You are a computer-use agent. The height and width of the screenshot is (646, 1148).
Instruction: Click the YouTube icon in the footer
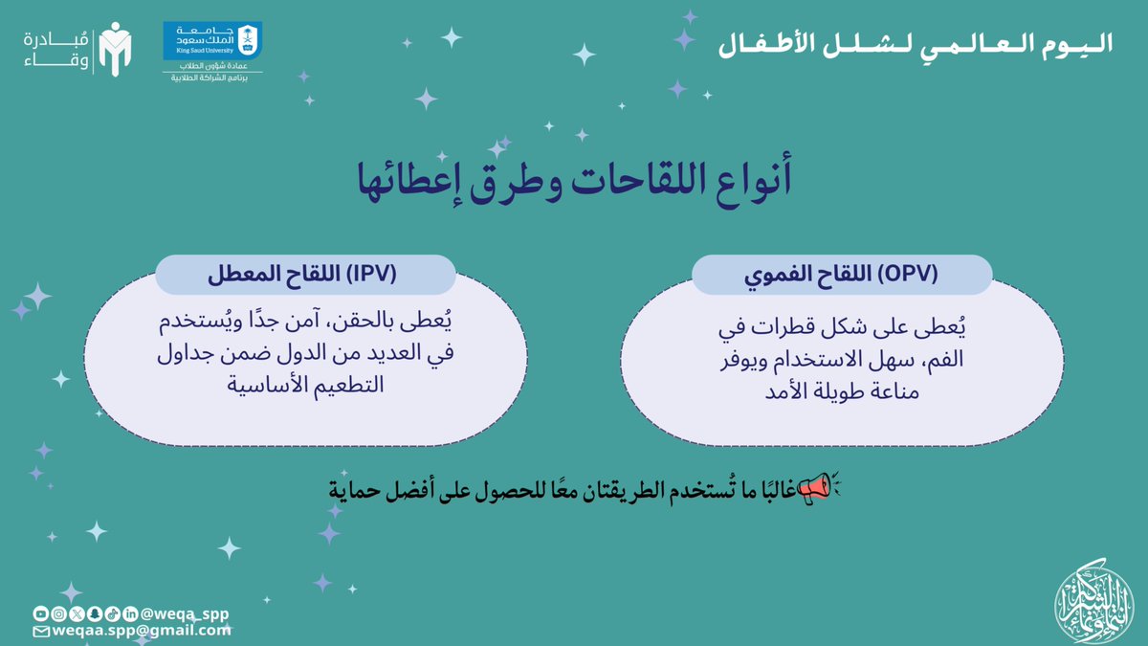pyautogui.click(x=40, y=613)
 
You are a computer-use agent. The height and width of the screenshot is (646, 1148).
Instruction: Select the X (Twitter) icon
pyautogui.click(x=76, y=613)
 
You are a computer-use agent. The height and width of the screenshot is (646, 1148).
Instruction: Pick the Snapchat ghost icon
pyautogui.click(x=94, y=613)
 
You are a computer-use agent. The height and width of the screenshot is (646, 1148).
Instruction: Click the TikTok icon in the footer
pyautogui.click(x=112, y=613)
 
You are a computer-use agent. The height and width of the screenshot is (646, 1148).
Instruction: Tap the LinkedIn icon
pyautogui.click(x=129, y=613)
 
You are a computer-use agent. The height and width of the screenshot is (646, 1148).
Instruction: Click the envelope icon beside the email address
pyautogui.click(x=40, y=632)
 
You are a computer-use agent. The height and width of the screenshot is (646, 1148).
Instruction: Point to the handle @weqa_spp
pyautogui.click(x=184, y=613)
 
